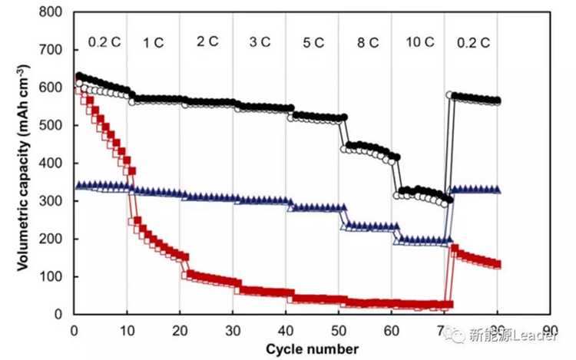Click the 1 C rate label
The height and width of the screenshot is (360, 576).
pos(154,42)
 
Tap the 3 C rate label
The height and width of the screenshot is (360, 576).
pos(260,42)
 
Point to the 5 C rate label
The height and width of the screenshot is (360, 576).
pos(313,42)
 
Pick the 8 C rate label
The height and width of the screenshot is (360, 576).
pos(366,42)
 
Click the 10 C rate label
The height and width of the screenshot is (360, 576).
pos(419,42)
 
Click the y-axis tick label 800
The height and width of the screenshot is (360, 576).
pos(51,12)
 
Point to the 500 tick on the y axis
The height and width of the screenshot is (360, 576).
pos(51,125)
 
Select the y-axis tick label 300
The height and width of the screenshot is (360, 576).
pos(51,201)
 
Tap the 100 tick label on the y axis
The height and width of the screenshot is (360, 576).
pos(51,276)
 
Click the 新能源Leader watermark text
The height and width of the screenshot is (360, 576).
pos(515,335)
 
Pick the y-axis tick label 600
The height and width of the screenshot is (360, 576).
pos(51,88)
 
